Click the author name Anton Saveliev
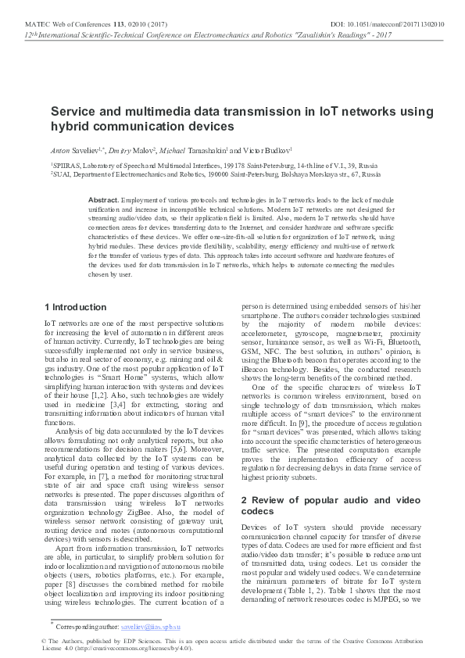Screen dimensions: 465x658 (x=73, y=149)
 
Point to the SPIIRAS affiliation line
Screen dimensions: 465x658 (x=215, y=166)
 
